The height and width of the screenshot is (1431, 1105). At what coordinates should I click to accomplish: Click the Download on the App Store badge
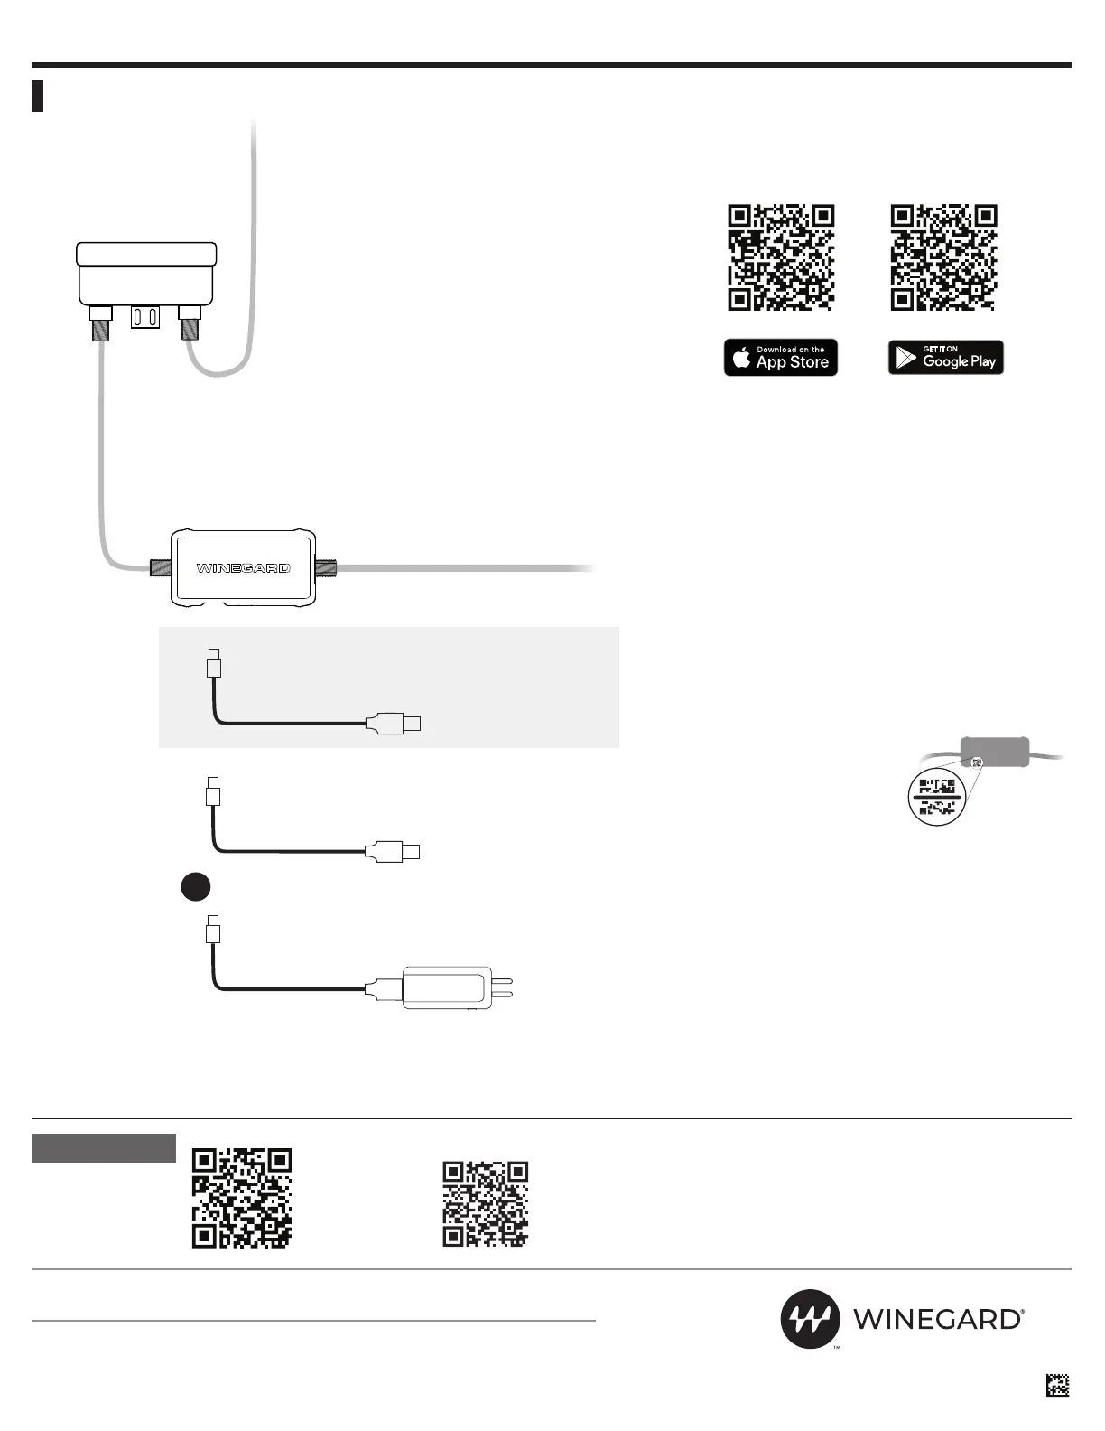click(781, 358)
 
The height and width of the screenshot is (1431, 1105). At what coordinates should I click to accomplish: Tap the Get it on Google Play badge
click(945, 358)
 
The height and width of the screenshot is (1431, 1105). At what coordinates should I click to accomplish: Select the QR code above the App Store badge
click(781, 258)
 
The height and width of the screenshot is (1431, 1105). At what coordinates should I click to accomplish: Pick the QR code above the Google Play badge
click(943, 258)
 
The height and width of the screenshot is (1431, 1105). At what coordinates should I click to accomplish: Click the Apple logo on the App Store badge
click(742, 359)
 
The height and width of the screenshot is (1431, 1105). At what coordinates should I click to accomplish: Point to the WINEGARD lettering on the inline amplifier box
click(244, 568)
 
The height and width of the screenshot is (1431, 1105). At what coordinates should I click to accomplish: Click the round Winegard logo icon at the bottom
click(810, 1319)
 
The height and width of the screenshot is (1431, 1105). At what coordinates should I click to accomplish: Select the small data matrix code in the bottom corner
click(1057, 1385)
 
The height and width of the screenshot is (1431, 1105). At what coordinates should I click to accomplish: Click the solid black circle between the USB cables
click(194, 887)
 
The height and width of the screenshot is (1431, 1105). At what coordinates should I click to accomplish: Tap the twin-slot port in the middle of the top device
click(145, 317)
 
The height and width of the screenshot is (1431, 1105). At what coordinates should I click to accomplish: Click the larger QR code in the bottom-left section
click(242, 1198)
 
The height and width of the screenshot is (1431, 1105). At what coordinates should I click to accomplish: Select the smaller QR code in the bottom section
click(485, 1204)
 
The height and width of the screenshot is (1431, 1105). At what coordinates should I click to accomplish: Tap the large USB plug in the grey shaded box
click(394, 724)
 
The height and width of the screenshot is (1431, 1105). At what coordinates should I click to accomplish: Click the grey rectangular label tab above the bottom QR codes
click(104, 1148)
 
